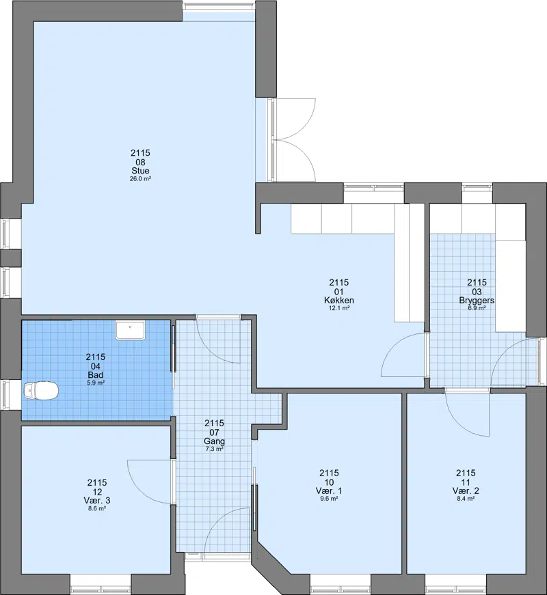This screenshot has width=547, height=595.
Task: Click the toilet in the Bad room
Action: point(40,391)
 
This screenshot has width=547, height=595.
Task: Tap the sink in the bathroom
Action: point(131,330)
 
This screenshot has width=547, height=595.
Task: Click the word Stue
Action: point(141,171)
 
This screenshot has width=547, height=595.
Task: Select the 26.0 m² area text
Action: point(141,179)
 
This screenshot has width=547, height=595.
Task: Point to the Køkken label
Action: point(339,300)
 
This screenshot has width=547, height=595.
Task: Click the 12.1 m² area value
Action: point(339,308)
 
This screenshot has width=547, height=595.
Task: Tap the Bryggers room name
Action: point(477,300)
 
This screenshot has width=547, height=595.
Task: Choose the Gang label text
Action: point(214,441)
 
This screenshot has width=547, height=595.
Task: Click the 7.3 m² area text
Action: point(214,449)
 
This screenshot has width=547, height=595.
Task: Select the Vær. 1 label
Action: point(329,491)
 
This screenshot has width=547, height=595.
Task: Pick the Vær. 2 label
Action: point(466,491)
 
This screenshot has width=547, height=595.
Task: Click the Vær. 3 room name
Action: point(97,501)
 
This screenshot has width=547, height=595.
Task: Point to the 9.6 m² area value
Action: point(329,499)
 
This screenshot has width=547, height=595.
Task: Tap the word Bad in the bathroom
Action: point(95,375)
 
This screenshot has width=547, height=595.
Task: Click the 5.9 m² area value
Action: point(95,383)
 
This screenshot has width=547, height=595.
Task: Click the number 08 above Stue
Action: point(141,162)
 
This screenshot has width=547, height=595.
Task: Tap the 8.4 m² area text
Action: point(466,499)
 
